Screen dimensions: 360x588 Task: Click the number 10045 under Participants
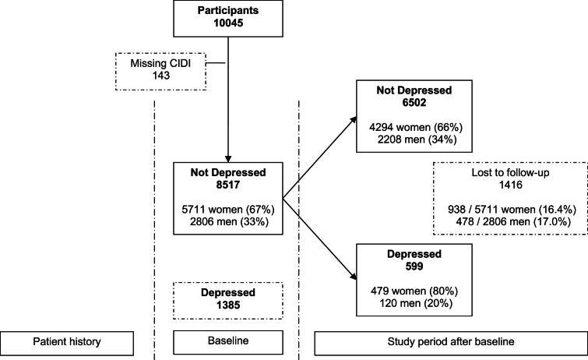point(227,26)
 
